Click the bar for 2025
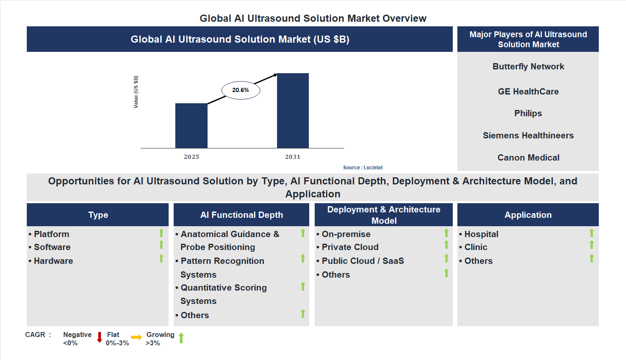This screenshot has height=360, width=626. pos(191,125)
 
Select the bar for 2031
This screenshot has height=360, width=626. pos(293,111)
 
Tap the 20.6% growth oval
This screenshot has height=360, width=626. pos(241,90)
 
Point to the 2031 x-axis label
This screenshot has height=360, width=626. pos(292,157)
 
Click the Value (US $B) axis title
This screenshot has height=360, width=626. pos(136,92)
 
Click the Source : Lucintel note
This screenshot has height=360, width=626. pos(362,168)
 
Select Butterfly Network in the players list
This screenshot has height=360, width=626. pos(528,66)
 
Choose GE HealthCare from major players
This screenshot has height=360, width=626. pos(528,92)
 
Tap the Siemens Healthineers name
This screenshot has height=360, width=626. pos(528,135)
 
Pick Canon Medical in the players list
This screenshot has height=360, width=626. pos(528,158)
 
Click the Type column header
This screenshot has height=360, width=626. pos(98,215)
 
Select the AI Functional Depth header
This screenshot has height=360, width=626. pos(241,215)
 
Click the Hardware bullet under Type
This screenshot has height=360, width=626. pos(53,261)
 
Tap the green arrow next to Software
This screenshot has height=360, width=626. pos(161,245)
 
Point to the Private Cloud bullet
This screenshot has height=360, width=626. pos(350,247)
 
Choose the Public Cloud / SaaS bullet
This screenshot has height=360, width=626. pos(362,261)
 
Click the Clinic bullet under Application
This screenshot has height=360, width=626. pos(476,247)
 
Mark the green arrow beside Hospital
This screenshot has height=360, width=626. pos(591,233)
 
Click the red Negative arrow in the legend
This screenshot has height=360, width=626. pos(100,337)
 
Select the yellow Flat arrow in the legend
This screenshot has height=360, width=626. pos(136,337)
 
